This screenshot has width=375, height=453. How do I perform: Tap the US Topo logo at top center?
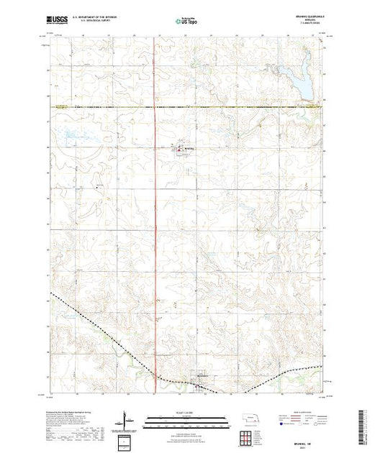point(186,22)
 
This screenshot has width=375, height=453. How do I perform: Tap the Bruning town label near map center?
point(189,149)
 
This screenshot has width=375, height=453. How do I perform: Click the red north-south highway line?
point(157,216)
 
